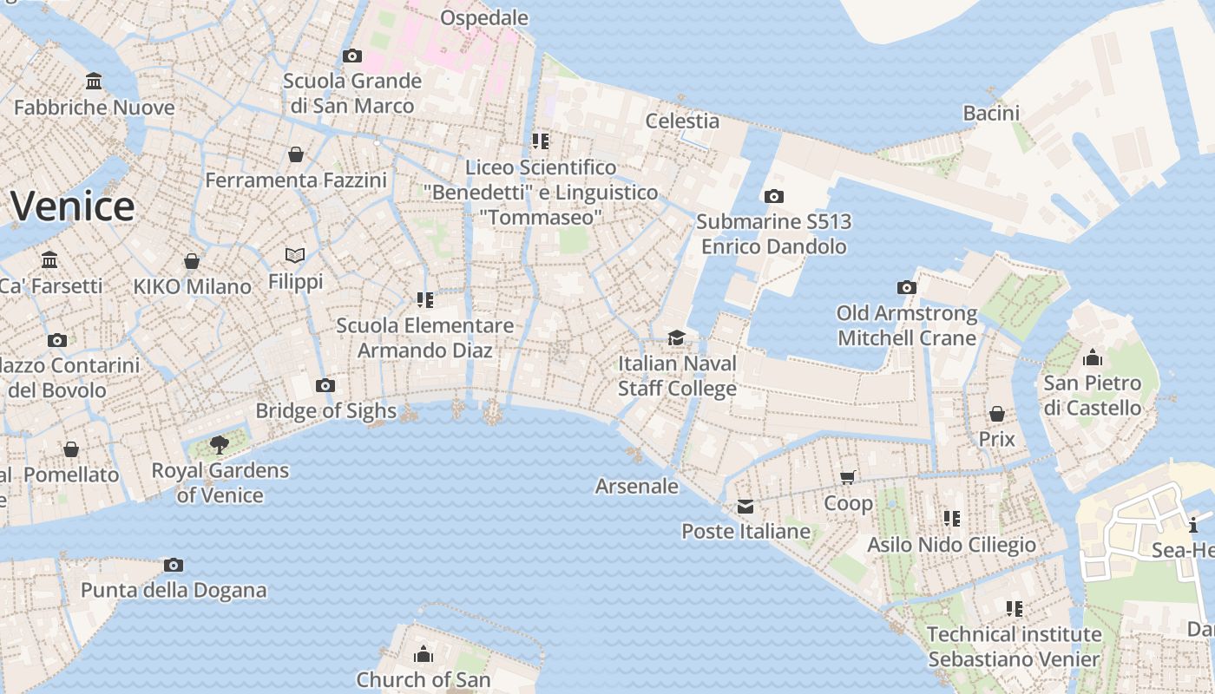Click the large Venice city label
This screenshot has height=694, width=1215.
[x=73, y=206]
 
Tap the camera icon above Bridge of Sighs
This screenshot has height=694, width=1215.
[x=325, y=385]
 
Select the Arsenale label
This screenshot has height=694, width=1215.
[x=636, y=486]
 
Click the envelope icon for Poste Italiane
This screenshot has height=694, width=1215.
[x=745, y=507]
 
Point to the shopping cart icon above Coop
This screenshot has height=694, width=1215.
[x=848, y=477]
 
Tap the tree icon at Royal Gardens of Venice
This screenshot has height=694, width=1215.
[x=220, y=445]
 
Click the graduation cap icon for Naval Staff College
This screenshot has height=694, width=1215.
[x=676, y=337]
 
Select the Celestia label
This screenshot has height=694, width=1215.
[x=682, y=121]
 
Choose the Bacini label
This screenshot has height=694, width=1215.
[x=991, y=113]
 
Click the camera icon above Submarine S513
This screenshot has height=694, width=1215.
[x=774, y=196]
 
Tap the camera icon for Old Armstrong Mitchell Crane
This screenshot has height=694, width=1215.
[x=907, y=287]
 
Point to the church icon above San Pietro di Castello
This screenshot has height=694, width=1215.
[x=1092, y=357]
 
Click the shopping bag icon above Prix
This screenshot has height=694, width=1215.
[x=997, y=414]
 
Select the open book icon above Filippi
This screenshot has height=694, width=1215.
[x=295, y=256]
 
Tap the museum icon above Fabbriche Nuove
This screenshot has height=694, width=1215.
[x=94, y=82]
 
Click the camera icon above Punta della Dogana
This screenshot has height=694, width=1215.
[x=174, y=565]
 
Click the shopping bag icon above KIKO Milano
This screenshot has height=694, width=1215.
[x=192, y=261]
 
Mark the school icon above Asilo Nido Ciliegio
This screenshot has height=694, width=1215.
[x=952, y=519]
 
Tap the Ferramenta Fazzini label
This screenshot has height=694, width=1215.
[x=296, y=180]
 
